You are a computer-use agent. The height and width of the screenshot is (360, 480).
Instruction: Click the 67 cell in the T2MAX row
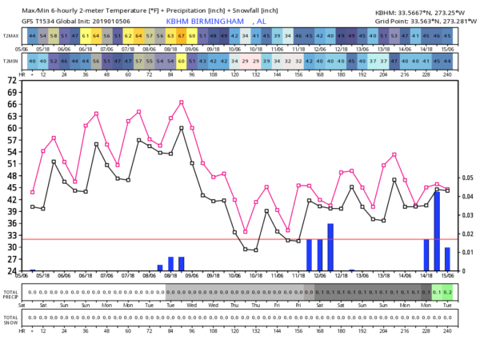[x=182, y=36]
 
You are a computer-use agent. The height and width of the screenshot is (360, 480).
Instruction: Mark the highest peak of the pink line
[x=182, y=102]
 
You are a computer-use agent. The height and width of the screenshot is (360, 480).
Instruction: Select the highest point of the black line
[x=182, y=128]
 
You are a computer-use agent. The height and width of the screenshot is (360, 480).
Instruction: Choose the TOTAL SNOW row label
[x=12, y=318]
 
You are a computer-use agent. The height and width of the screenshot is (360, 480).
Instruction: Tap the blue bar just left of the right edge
[x=447, y=258]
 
